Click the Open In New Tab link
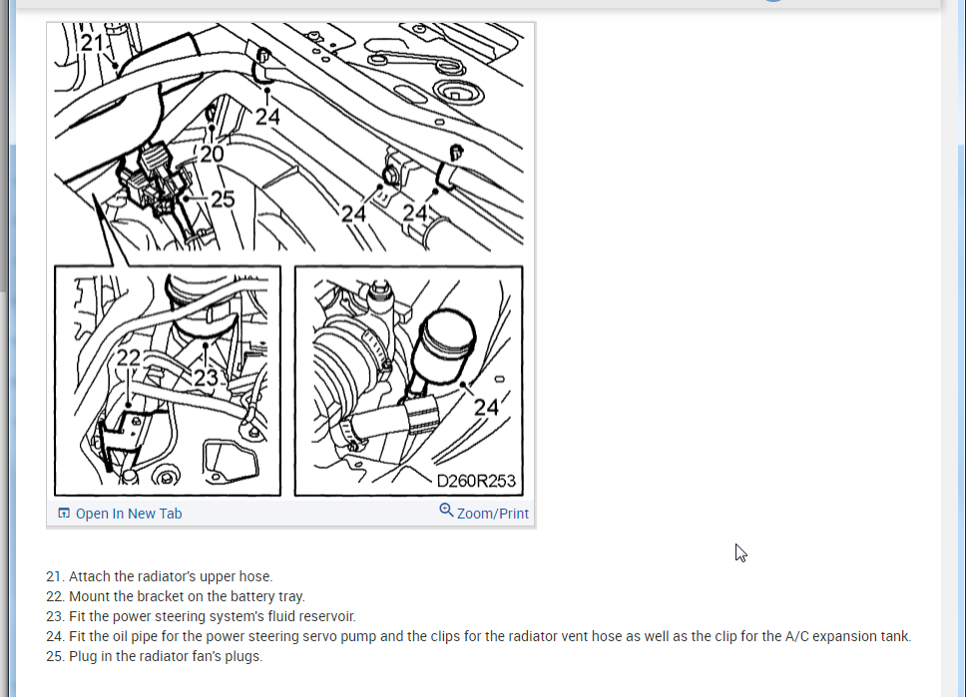click(128, 514)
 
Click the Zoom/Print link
click(492, 514)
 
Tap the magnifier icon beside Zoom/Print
click(446, 511)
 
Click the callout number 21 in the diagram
click(92, 43)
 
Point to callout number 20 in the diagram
click(212, 154)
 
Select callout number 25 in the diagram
click(223, 198)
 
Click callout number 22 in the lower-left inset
click(129, 358)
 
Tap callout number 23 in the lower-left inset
click(206, 378)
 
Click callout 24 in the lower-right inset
click(486, 407)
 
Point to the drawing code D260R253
click(476, 481)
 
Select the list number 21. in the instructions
click(55, 576)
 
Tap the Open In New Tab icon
click(64, 513)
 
